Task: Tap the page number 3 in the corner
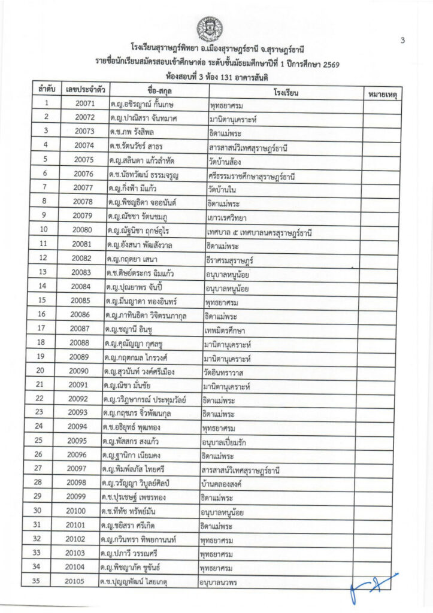[403, 40]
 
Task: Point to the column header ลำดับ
[46, 90]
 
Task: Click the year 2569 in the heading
[327, 64]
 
